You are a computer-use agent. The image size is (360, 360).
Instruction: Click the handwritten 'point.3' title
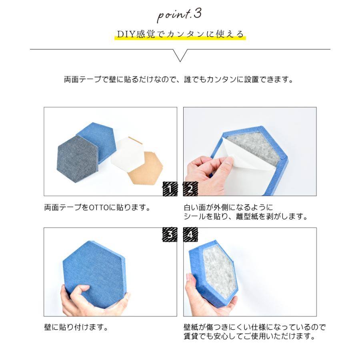(x=180, y=15)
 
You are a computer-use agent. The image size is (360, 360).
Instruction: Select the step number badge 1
(x=170, y=189)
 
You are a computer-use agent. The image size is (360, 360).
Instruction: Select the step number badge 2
(x=190, y=189)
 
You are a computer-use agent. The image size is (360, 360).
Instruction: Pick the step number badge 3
(x=170, y=235)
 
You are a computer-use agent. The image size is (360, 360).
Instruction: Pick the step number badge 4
(x=190, y=235)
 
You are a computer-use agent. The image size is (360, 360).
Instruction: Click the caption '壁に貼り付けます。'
(x=76, y=328)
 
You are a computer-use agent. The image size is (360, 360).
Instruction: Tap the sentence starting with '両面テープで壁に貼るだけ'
(x=179, y=79)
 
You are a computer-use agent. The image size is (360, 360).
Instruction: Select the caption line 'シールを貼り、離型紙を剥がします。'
(x=245, y=217)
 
